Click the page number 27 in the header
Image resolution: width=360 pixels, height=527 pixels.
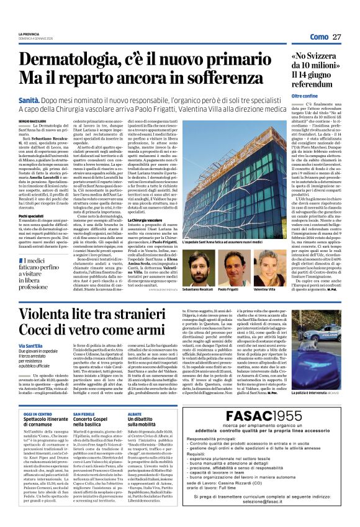pyautogui.click(x=337, y=37)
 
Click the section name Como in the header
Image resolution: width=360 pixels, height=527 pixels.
pyautogui.click(x=319, y=37)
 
